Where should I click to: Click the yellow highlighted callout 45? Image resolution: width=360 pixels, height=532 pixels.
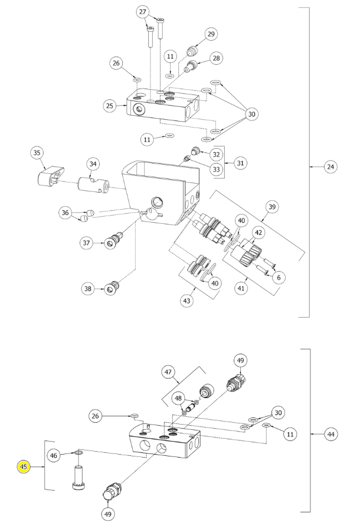click(x=24, y=467)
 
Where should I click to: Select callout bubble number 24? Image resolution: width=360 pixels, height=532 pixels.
click(x=330, y=167)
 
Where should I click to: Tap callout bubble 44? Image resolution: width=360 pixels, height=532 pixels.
click(x=331, y=434)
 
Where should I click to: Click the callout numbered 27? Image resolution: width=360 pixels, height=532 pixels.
click(x=143, y=12)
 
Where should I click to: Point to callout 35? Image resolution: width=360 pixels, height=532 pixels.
click(x=37, y=153)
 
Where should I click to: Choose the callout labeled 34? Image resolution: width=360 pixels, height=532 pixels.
click(x=93, y=164)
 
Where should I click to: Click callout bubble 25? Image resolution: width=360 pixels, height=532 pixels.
click(x=110, y=106)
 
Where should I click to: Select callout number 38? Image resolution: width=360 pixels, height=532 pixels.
click(x=88, y=289)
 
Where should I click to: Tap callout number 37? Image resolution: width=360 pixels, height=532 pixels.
click(x=86, y=243)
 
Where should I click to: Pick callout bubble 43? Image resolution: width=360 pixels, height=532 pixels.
click(x=186, y=301)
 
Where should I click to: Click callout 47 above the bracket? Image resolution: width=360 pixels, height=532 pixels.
click(x=168, y=372)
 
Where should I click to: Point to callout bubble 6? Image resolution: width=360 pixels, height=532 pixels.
click(x=279, y=277)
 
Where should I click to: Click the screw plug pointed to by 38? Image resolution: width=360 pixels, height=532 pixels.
click(x=112, y=288)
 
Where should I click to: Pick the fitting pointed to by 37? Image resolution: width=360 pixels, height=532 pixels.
click(x=114, y=240)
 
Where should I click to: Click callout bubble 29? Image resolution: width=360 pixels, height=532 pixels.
click(x=211, y=34)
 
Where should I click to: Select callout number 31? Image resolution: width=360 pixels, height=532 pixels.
click(x=240, y=163)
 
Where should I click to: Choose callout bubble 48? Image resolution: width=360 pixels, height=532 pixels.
click(x=178, y=399)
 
